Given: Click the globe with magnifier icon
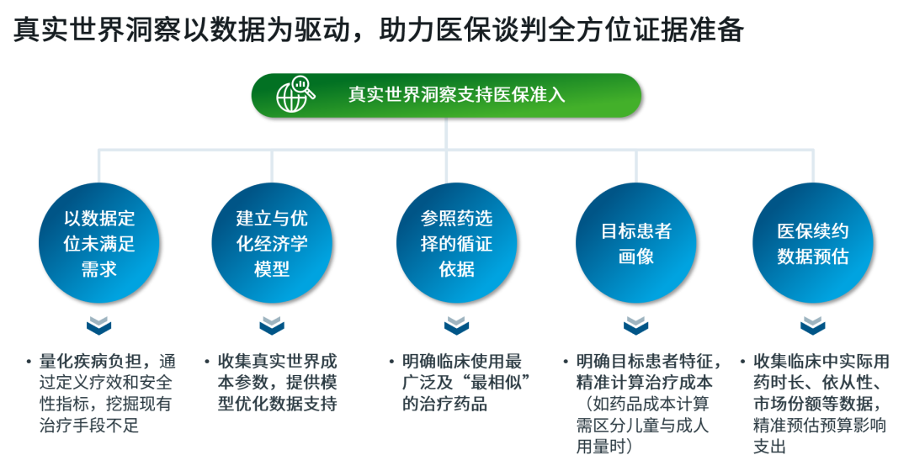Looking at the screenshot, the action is click(295, 94).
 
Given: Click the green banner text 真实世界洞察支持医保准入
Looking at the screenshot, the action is click(457, 94).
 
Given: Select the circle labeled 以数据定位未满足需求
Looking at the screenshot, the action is click(99, 243).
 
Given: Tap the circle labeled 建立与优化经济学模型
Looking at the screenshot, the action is click(272, 243).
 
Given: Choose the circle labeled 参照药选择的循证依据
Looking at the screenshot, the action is click(457, 243).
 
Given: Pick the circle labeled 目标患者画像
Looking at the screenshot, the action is click(636, 243).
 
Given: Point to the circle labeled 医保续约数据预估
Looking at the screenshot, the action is click(813, 243).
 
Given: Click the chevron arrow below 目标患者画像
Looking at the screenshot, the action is click(636, 325).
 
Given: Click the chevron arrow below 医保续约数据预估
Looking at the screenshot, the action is click(813, 325).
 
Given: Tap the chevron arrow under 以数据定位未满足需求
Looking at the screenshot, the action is click(99, 325).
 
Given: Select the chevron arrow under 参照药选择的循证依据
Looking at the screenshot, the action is click(457, 325).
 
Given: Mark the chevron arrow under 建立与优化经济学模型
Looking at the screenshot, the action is click(272, 325).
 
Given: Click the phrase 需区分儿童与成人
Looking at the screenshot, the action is click(642, 426).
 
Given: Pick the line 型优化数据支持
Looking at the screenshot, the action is click(277, 404).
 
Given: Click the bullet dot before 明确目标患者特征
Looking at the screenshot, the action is click(566, 363).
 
